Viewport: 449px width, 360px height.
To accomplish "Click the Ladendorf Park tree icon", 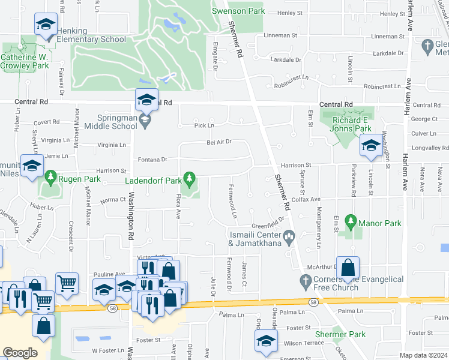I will pos(190,178).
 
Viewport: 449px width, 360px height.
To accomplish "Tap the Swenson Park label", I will pos(238,11).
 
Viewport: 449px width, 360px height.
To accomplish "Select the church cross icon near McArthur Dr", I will pos(306,280).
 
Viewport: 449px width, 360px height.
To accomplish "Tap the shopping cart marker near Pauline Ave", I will pos(67,283).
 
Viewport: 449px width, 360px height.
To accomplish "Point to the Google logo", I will pos(20,353).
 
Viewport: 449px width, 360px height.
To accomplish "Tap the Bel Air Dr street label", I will pos(219,142).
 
